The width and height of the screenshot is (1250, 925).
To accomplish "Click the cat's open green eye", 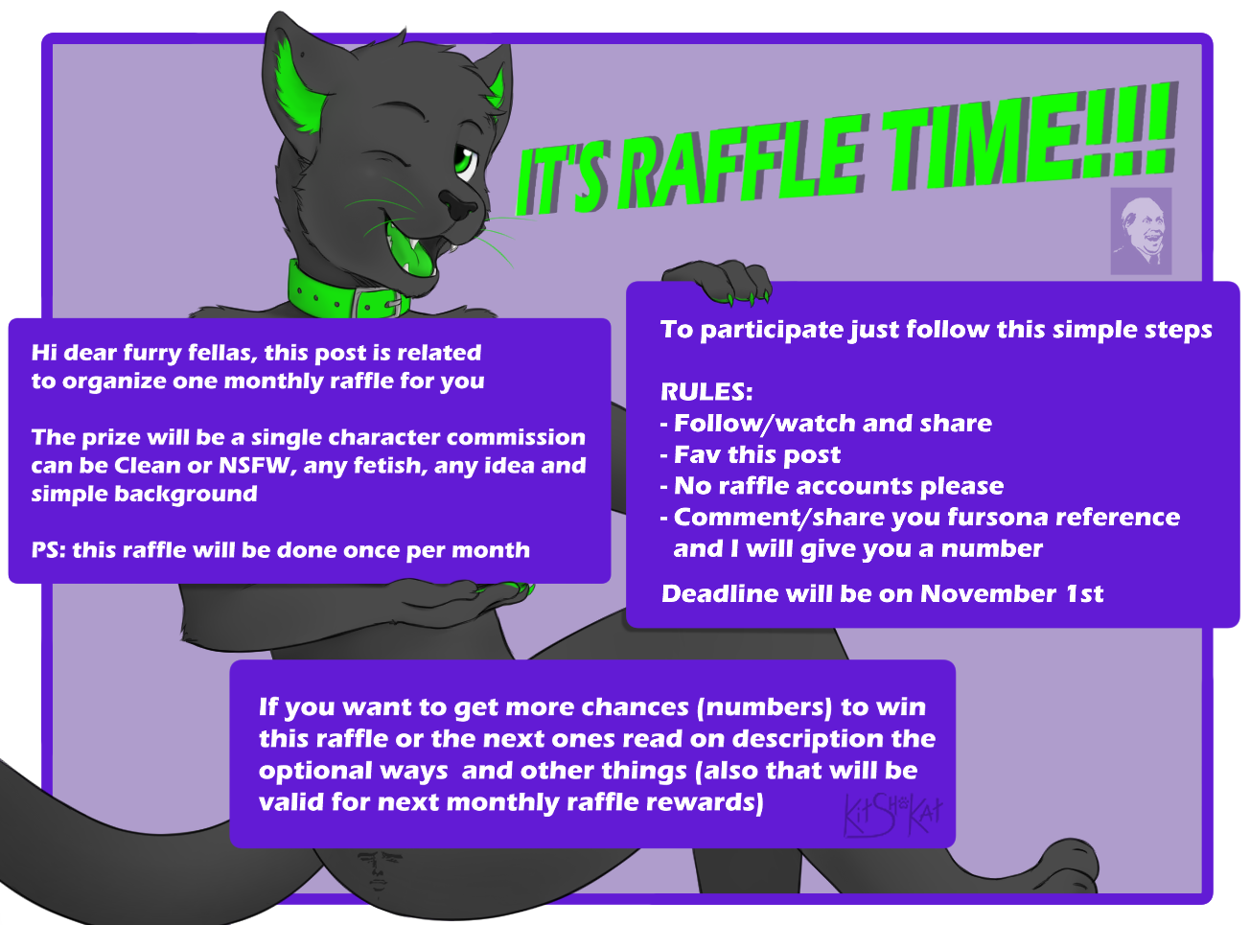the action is pyautogui.click(x=465, y=162).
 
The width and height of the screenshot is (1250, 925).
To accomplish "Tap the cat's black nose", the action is pyautogui.click(x=459, y=204).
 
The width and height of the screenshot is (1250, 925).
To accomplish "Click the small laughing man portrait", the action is pyautogui.click(x=1141, y=232).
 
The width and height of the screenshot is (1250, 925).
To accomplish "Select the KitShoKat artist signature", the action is pyautogui.click(x=892, y=815).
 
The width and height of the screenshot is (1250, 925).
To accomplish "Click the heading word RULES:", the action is pyautogui.click(x=706, y=392).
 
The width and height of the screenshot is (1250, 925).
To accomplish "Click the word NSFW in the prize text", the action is pyautogui.click(x=254, y=466).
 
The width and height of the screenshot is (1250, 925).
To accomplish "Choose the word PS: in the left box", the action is pyautogui.click(x=49, y=550).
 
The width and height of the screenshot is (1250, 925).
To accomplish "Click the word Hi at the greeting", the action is pyautogui.click(x=44, y=353).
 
